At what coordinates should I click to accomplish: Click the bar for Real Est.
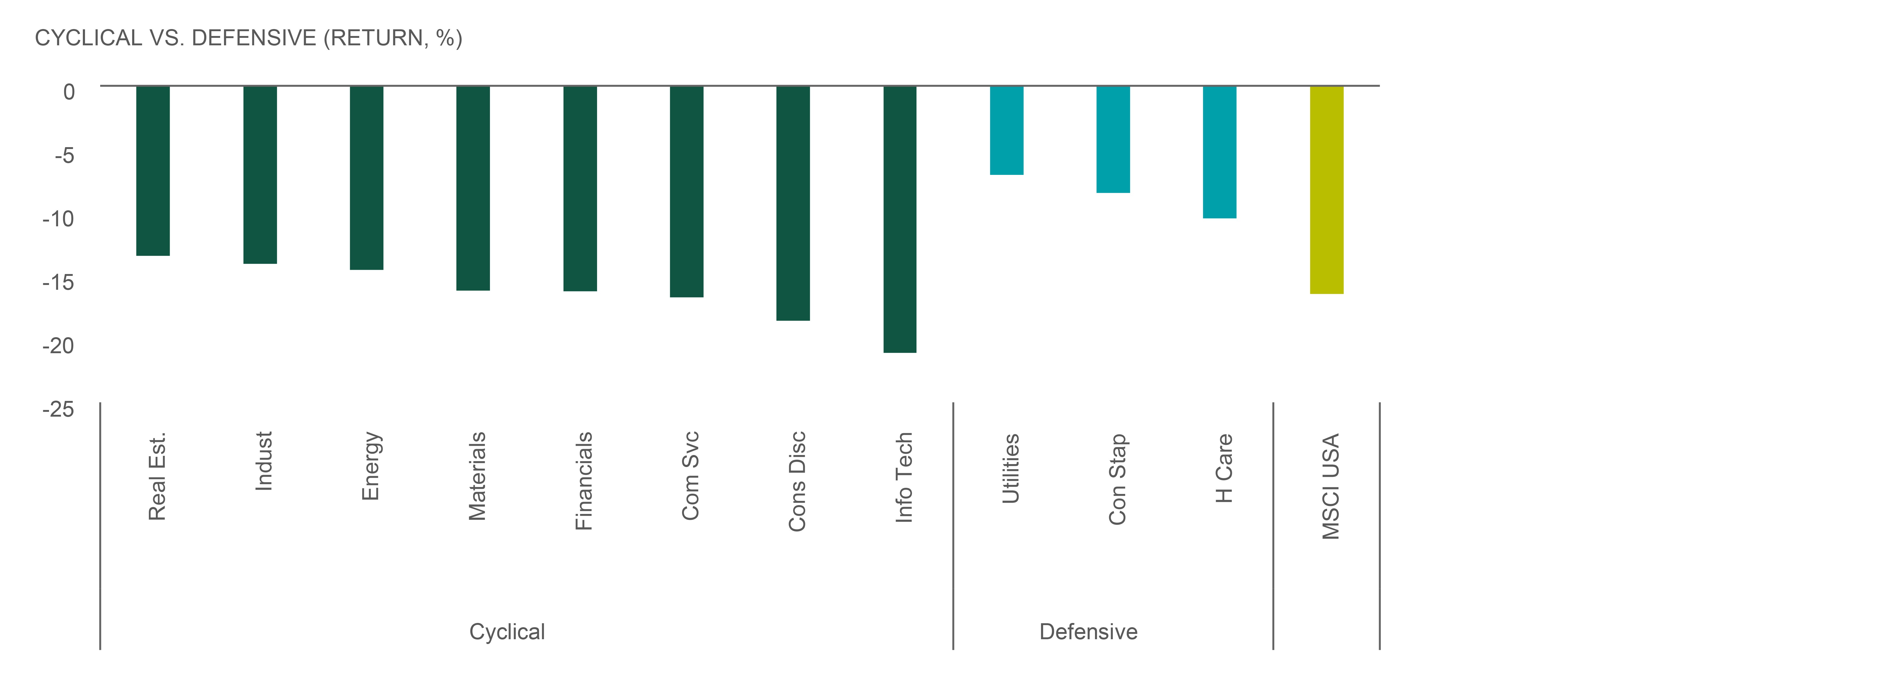click(x=153, y=171)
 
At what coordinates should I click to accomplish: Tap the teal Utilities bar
click(x=1007, y=130)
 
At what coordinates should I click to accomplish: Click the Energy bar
click(x=367, y=178)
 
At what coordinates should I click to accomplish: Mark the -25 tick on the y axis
click(x=59, y=409)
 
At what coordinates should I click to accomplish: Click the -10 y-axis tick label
click(x=59, y=218)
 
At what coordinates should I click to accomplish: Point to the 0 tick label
click(x=69, y=91)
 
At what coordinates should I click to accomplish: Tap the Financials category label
click(x=583, y=481)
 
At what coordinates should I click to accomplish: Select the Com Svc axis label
click(x=690, y=476)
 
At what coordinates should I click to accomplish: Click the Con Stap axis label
click(x=1117, y=480)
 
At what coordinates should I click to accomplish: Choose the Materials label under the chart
click(x=477, y=476)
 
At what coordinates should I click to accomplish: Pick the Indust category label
click(x=263, y=461)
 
